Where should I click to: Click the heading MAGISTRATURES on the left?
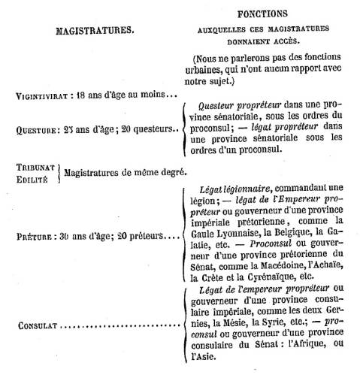[95, 31]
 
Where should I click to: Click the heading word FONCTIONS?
[262, 14]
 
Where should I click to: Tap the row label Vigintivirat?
[42, 96]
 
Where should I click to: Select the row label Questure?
[36, 131]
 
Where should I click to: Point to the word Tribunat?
[35, 168]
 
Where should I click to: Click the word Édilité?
[32, 180]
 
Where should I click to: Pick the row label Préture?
[35, 237]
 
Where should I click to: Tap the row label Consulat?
[38, 326]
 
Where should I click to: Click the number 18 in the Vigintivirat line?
[80, 95]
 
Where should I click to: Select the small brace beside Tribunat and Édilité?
[59, 174]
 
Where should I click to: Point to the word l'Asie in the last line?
[203, 356]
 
